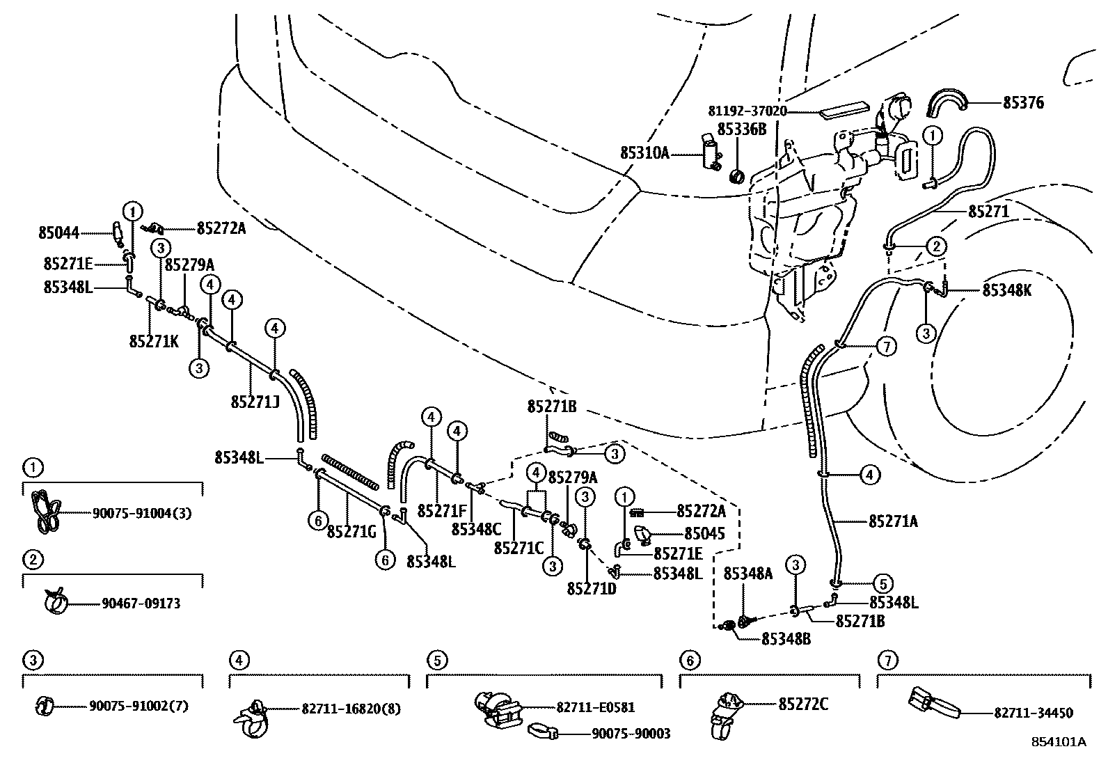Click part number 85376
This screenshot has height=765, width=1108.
click(x=1022, y=103)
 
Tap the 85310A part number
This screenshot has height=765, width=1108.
click(x=644, y=152)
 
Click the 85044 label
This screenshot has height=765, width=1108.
click(x=58, y=233)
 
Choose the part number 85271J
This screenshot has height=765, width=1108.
click(x=255, y=402)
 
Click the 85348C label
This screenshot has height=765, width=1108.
click(x=476, y=529)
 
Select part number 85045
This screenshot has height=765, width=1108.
click(x=704, y=534)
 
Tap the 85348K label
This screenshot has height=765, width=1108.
click(x=1006, y=291)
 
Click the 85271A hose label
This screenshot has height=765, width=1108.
click(x=893, y=521)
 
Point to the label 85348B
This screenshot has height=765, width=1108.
click(x=786, y=638)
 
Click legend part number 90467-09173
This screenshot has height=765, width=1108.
click(x=136, y=604)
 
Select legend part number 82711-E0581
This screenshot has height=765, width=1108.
click(x=595, y=707)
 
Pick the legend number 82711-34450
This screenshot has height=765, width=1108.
click(x=1033, y=713)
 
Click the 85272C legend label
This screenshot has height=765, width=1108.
click(x=802, y=704)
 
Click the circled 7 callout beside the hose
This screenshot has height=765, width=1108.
click(x=886, y=346)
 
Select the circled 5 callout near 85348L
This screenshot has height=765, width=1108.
click(x=881, y=584)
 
